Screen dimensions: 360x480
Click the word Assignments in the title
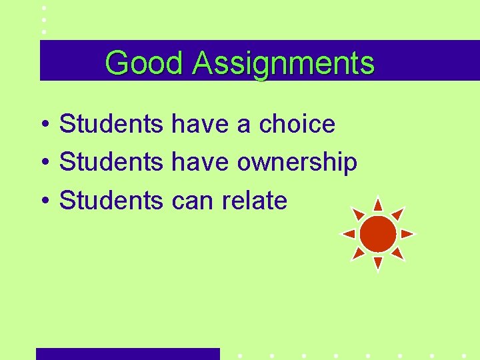tap(283, 64)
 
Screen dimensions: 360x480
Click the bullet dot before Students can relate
tap(43, 201)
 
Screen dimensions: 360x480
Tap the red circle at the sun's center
tap(378, 234)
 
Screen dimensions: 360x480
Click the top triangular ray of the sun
tap(378, 204)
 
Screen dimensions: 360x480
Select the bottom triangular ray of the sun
tap(378, 263)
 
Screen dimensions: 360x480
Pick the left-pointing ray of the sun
tap(348, 234)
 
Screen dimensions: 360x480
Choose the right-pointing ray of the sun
tap(408, 234)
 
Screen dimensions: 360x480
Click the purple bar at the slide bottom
tap(127, 354)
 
